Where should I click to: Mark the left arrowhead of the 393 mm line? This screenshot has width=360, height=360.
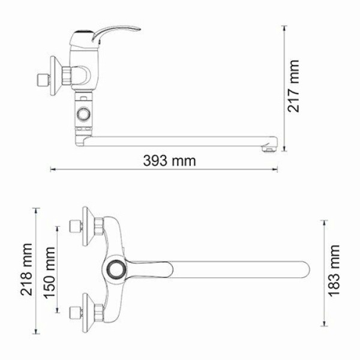point(52,169)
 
